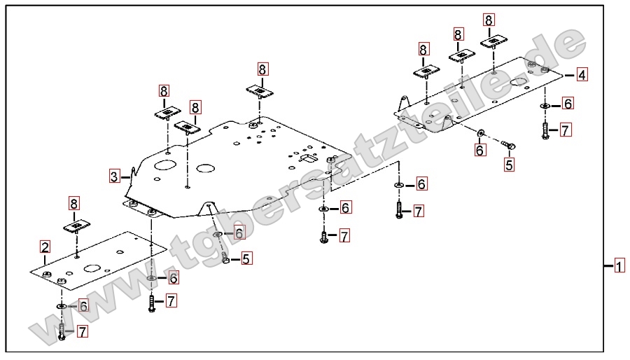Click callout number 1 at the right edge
pyautogui.click(x=619, y=266)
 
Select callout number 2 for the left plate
pyautogui.click(x=45, y=247)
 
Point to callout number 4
pyautogui.click(x=582, y=74)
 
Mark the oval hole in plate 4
pyautogui.click(x=519, y=83)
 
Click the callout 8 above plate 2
pyautogui.click(x=74, y=204)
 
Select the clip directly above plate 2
pyautogui.click(x=77, y=226)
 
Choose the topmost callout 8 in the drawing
pyautogui.click(x=488, y=20)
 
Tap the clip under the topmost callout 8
pyautogui.click(x=493, y=41)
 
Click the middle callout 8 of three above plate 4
pyautogui.click(x=458, y=34)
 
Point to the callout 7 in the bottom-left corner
pyautogui.click(x=82, y=331)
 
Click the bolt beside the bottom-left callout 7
pyautogui.click(x=62, y=331)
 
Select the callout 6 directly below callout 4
pyautogui.click(x=568, y=104)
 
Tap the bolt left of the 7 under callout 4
pyautogui.click(x=545, y=130)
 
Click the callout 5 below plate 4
pyautogui.click(x=509, y=165)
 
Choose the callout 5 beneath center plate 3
pyautogui.click(x=246, y=258)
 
